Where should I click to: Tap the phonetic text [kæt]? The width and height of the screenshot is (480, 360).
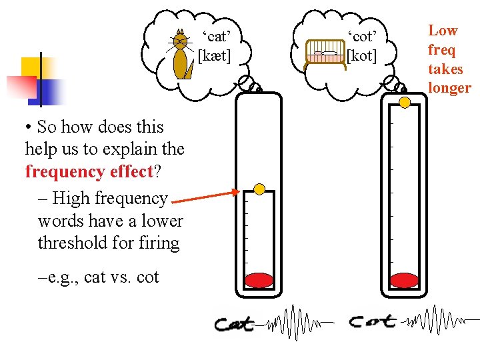(x=215, y=55)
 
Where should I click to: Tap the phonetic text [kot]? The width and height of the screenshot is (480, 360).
(x=362, y=55)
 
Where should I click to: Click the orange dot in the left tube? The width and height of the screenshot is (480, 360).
(x=259, y=190)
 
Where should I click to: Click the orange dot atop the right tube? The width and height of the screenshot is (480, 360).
(x=404, y=102)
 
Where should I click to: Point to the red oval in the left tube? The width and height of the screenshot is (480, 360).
(x=259, y=280)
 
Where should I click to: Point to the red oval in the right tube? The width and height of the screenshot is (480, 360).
(x=404, y=280)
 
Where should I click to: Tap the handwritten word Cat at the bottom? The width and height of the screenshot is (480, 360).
(x=235, y=324)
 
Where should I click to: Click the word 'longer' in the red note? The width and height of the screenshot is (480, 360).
(x=449, y=88)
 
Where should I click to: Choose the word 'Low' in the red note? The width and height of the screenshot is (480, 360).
(x=443, y=31)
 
